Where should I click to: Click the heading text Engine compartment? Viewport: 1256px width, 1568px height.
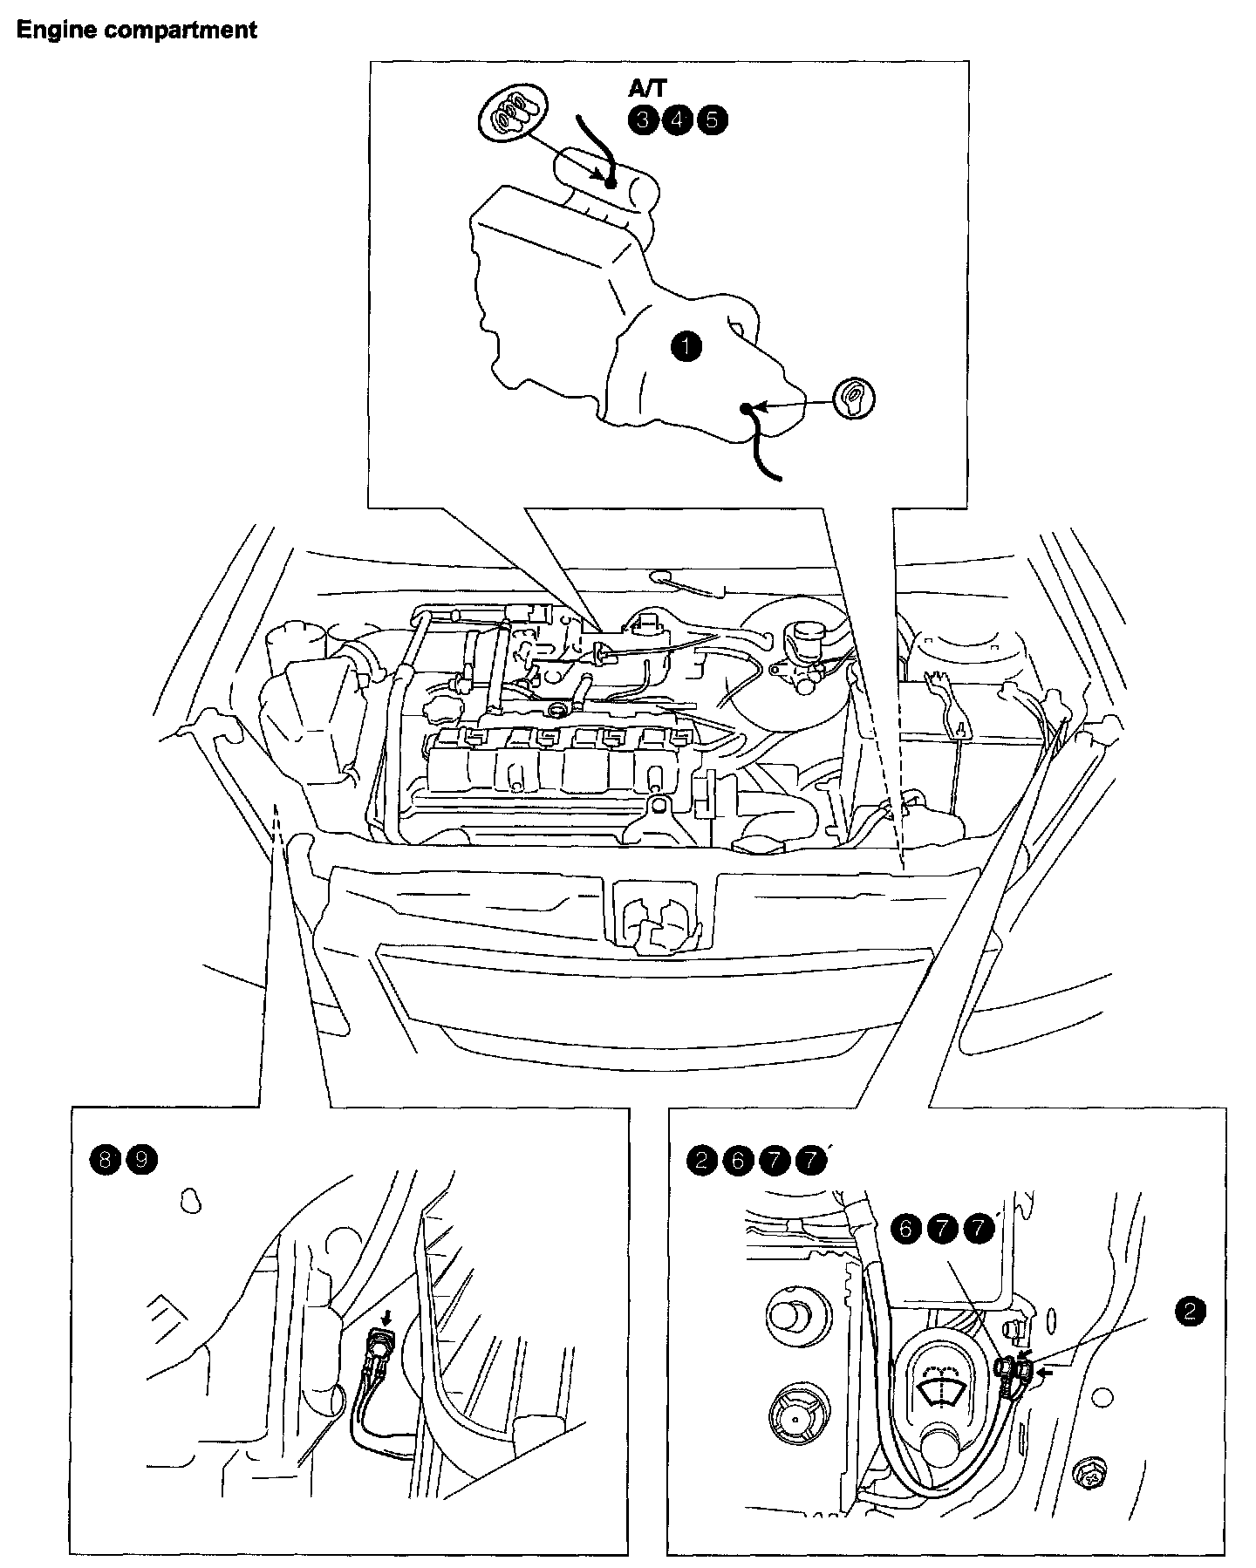[137, 30]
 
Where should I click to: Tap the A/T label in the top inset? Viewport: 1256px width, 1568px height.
[647, 89]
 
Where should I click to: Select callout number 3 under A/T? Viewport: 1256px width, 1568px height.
[642, 119]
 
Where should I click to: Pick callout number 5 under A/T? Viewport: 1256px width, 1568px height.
[712, 119]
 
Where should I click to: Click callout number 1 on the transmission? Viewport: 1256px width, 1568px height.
[686, 346]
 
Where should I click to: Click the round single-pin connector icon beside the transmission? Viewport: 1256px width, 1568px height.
[854, 399]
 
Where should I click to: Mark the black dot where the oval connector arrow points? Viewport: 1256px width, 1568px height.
[611, 182]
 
